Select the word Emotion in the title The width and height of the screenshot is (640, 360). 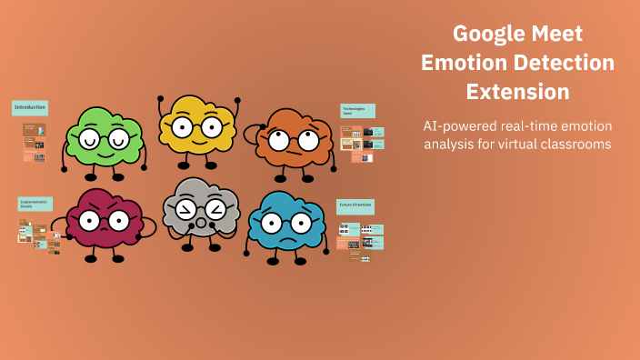[464, 64]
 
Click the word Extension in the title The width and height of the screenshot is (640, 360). [517, 92]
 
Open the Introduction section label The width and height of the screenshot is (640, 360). [29, 107]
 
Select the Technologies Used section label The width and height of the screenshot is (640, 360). [356, 111]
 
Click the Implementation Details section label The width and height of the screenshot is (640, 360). [35, 205]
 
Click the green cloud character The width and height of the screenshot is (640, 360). [102, 139]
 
